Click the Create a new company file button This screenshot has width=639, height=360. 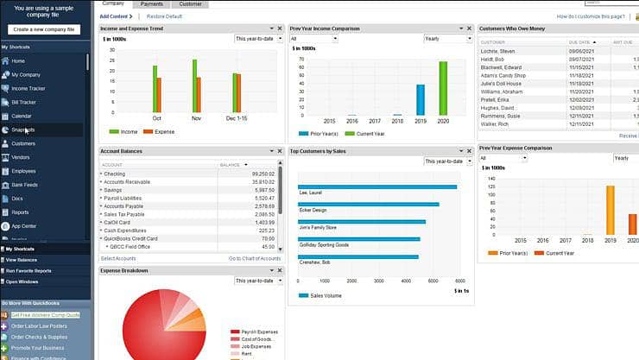point(45,29)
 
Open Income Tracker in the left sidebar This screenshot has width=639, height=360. point(29,88)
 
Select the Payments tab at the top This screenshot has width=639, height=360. point(152,4)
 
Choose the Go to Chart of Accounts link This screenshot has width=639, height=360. point(254,258)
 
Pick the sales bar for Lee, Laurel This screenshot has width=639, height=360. point(377,186)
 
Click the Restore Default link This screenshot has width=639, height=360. point(164,16)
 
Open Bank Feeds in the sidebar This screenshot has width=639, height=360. point(24,185)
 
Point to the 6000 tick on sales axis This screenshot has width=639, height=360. point(460,281)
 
